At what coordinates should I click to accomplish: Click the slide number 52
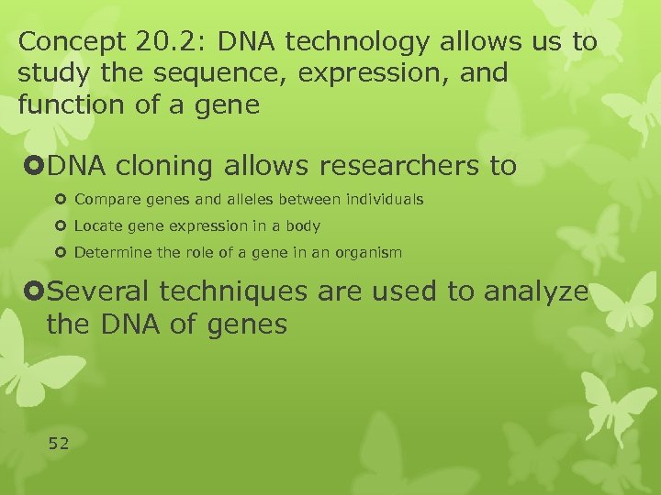point(59,444)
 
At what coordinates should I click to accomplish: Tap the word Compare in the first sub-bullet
point(104,200)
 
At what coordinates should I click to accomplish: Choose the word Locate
point(96,225)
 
